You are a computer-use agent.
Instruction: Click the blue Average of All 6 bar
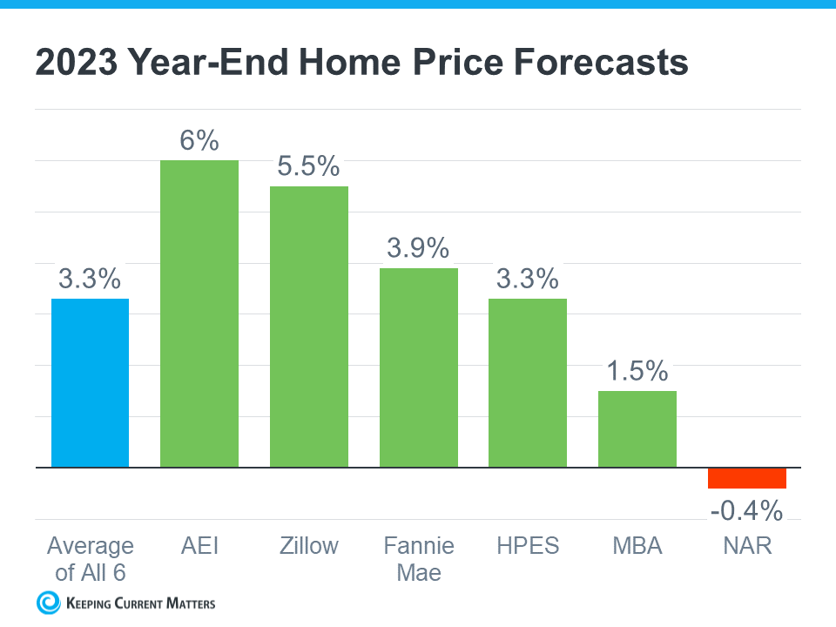[90, 383]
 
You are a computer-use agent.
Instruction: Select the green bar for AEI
[199, 313]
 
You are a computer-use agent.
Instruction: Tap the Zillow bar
[308, 327]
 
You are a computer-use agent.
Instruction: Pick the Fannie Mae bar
[418, 367]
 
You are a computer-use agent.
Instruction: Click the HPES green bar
[527, 383]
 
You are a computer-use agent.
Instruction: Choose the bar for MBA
[637, 429]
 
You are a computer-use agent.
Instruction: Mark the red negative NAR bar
[746, 478]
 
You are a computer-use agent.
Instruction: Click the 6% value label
[199, 140]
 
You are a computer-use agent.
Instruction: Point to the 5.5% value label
[308, 166]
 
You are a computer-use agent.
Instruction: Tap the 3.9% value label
[418, 248]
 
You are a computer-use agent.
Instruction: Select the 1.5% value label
[637, 371]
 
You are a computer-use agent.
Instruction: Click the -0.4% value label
[746, 510]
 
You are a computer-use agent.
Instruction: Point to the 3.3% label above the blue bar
[90, 279]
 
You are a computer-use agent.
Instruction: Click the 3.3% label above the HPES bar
[527, 279]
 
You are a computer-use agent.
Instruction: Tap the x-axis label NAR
[746, 546]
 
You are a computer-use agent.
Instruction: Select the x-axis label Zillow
[308, 546]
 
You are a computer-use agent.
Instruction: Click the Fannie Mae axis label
[418, 558]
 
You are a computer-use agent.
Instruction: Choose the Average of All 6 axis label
[90, 558]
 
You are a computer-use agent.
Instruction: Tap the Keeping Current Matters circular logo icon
[48, 602]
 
